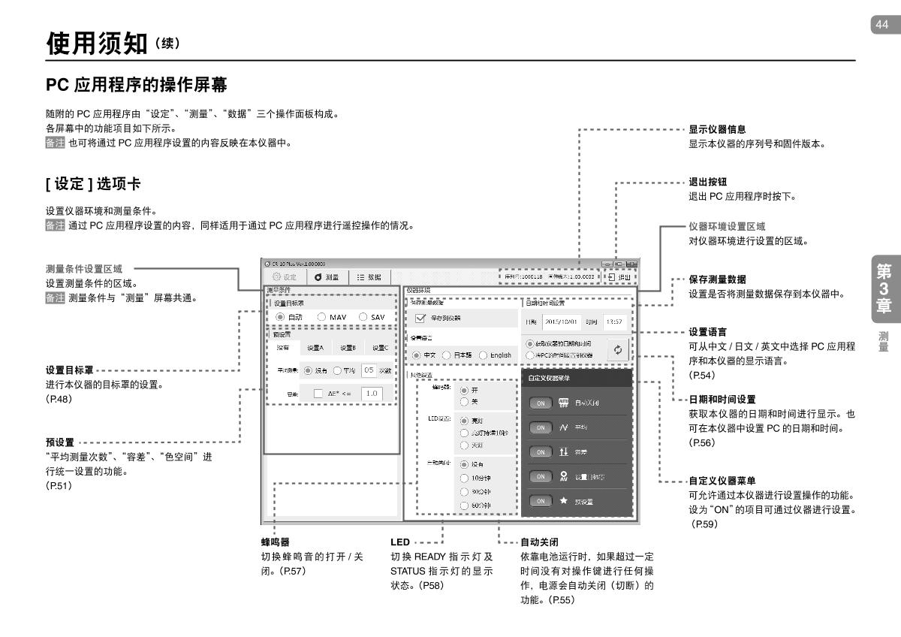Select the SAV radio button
[x=364, y=318]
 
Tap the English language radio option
[x=484, y=355]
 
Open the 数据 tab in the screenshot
[x=368, y=277]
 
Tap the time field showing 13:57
[x=616, y=322]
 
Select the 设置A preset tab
[x=315, y=348]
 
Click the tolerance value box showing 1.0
[x=372, y=393]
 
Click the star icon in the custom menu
[x=562, y=501]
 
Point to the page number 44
[x=880, y=24]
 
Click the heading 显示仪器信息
[x=717, y=129]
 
